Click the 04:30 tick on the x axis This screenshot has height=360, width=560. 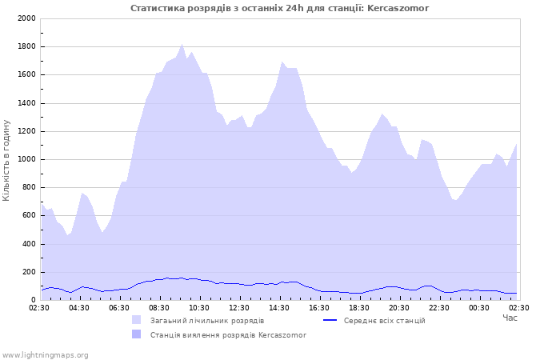click(x=79, y=307)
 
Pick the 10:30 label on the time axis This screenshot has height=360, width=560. click(x=199, y=307)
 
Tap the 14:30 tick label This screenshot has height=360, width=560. click(x=279, y=307)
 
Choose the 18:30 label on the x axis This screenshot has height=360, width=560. click(x=359, y=307)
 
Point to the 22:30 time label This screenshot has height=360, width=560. click(x=439, y=307)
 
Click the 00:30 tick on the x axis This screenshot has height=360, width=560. click(x=479, y=307)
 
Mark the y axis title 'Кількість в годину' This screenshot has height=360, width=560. click(x=7, y=160)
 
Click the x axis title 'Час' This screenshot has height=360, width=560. click(x=510, y=318)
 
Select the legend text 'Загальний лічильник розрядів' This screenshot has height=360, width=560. click(x=207, y=320)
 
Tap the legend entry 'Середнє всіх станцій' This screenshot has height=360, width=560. click(x=384, y=320)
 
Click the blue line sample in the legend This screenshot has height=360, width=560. click(x=329, y=320)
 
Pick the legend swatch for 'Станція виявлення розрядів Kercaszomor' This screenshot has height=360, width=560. click(x=136, y=334)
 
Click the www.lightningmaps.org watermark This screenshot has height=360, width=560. click(x=46, y=354)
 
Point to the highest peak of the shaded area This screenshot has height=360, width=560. click(x=182, y=45)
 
